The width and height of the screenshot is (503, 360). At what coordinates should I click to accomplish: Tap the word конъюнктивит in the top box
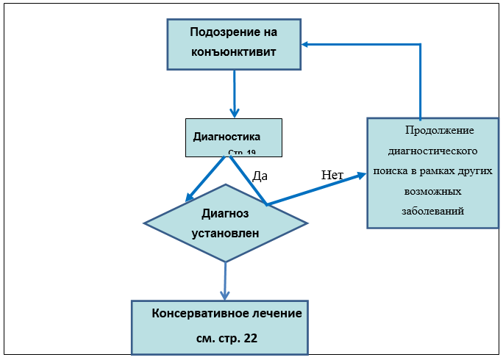pos(234,52)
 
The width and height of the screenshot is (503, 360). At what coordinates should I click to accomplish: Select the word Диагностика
pos(226,137)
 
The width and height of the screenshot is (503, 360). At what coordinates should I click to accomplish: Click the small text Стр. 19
pos(242,153)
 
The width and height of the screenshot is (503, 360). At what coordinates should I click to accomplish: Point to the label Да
pos(260,176)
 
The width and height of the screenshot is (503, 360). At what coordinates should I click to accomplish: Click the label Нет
pos(332,176)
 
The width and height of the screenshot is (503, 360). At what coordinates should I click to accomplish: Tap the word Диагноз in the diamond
pos(225,214)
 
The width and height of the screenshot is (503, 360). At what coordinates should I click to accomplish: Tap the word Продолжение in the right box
pos(439,131)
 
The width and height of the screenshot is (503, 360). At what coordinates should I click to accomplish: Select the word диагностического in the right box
pos(433,151)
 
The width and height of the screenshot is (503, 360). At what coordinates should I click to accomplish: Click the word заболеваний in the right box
pos(433,210)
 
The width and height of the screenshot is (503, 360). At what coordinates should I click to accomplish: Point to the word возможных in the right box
pos(433,190)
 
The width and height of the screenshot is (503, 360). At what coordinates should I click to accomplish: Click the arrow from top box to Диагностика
pos(234,92)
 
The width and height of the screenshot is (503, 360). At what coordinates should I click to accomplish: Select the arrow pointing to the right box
pos(316,189)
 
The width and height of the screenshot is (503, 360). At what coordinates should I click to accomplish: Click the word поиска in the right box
pos(392,170)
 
